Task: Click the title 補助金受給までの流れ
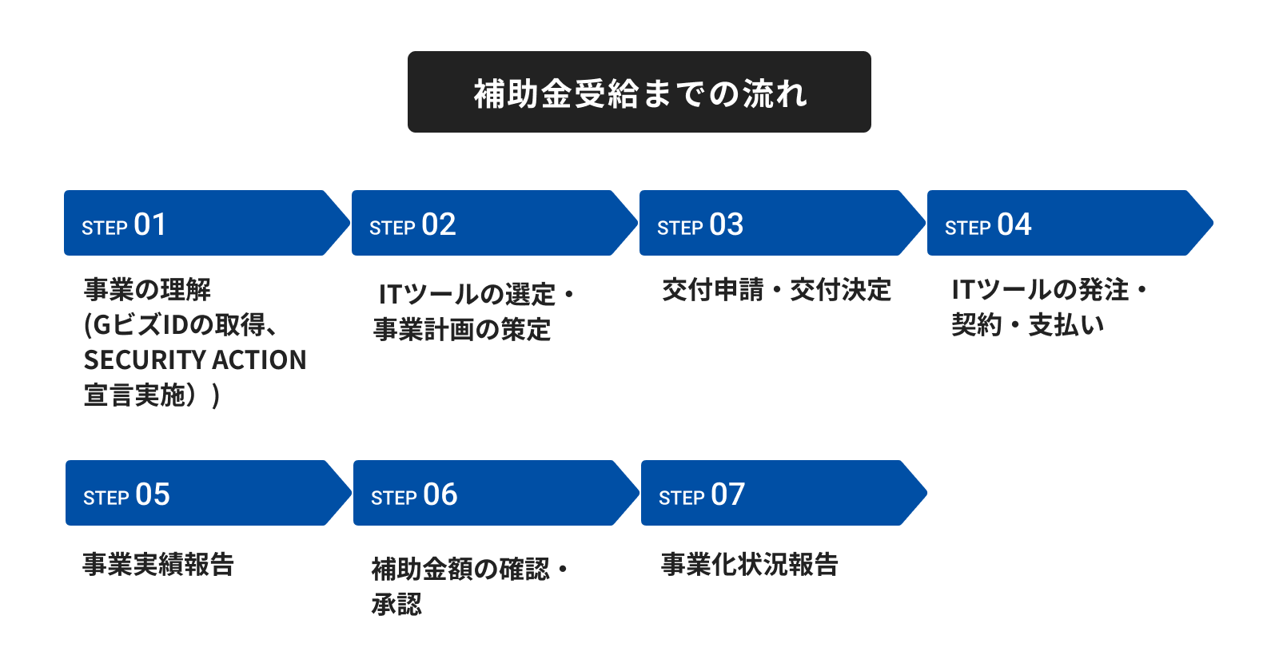click(x=639, y=93)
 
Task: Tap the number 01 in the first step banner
click(x=150, y=224)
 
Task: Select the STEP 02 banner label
click(x=412, y=224)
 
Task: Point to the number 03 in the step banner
click(x=727, y=224)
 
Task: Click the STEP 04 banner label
click(x=988, y=224)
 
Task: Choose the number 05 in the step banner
click(x=153, y=494)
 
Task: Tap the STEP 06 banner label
click(x=414, y=494)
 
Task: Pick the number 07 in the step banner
click(x=728, y=494)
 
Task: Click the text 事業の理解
click(x=147, y=289)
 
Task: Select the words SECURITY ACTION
click(x=195, y=360)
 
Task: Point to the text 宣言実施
click(x=135, y=395)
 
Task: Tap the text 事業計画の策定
click(x=462, y=329)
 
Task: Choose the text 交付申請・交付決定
click(x=776, y=290)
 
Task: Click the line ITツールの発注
click(x=1040, y=290)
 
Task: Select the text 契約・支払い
click(x=1028, y=325)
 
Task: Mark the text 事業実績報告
click(x=158, y=564)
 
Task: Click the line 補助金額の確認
click(x=460, y=569)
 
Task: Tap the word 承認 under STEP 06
click(x=396, y=604)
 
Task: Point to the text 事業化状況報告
click(x=750, y=564)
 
